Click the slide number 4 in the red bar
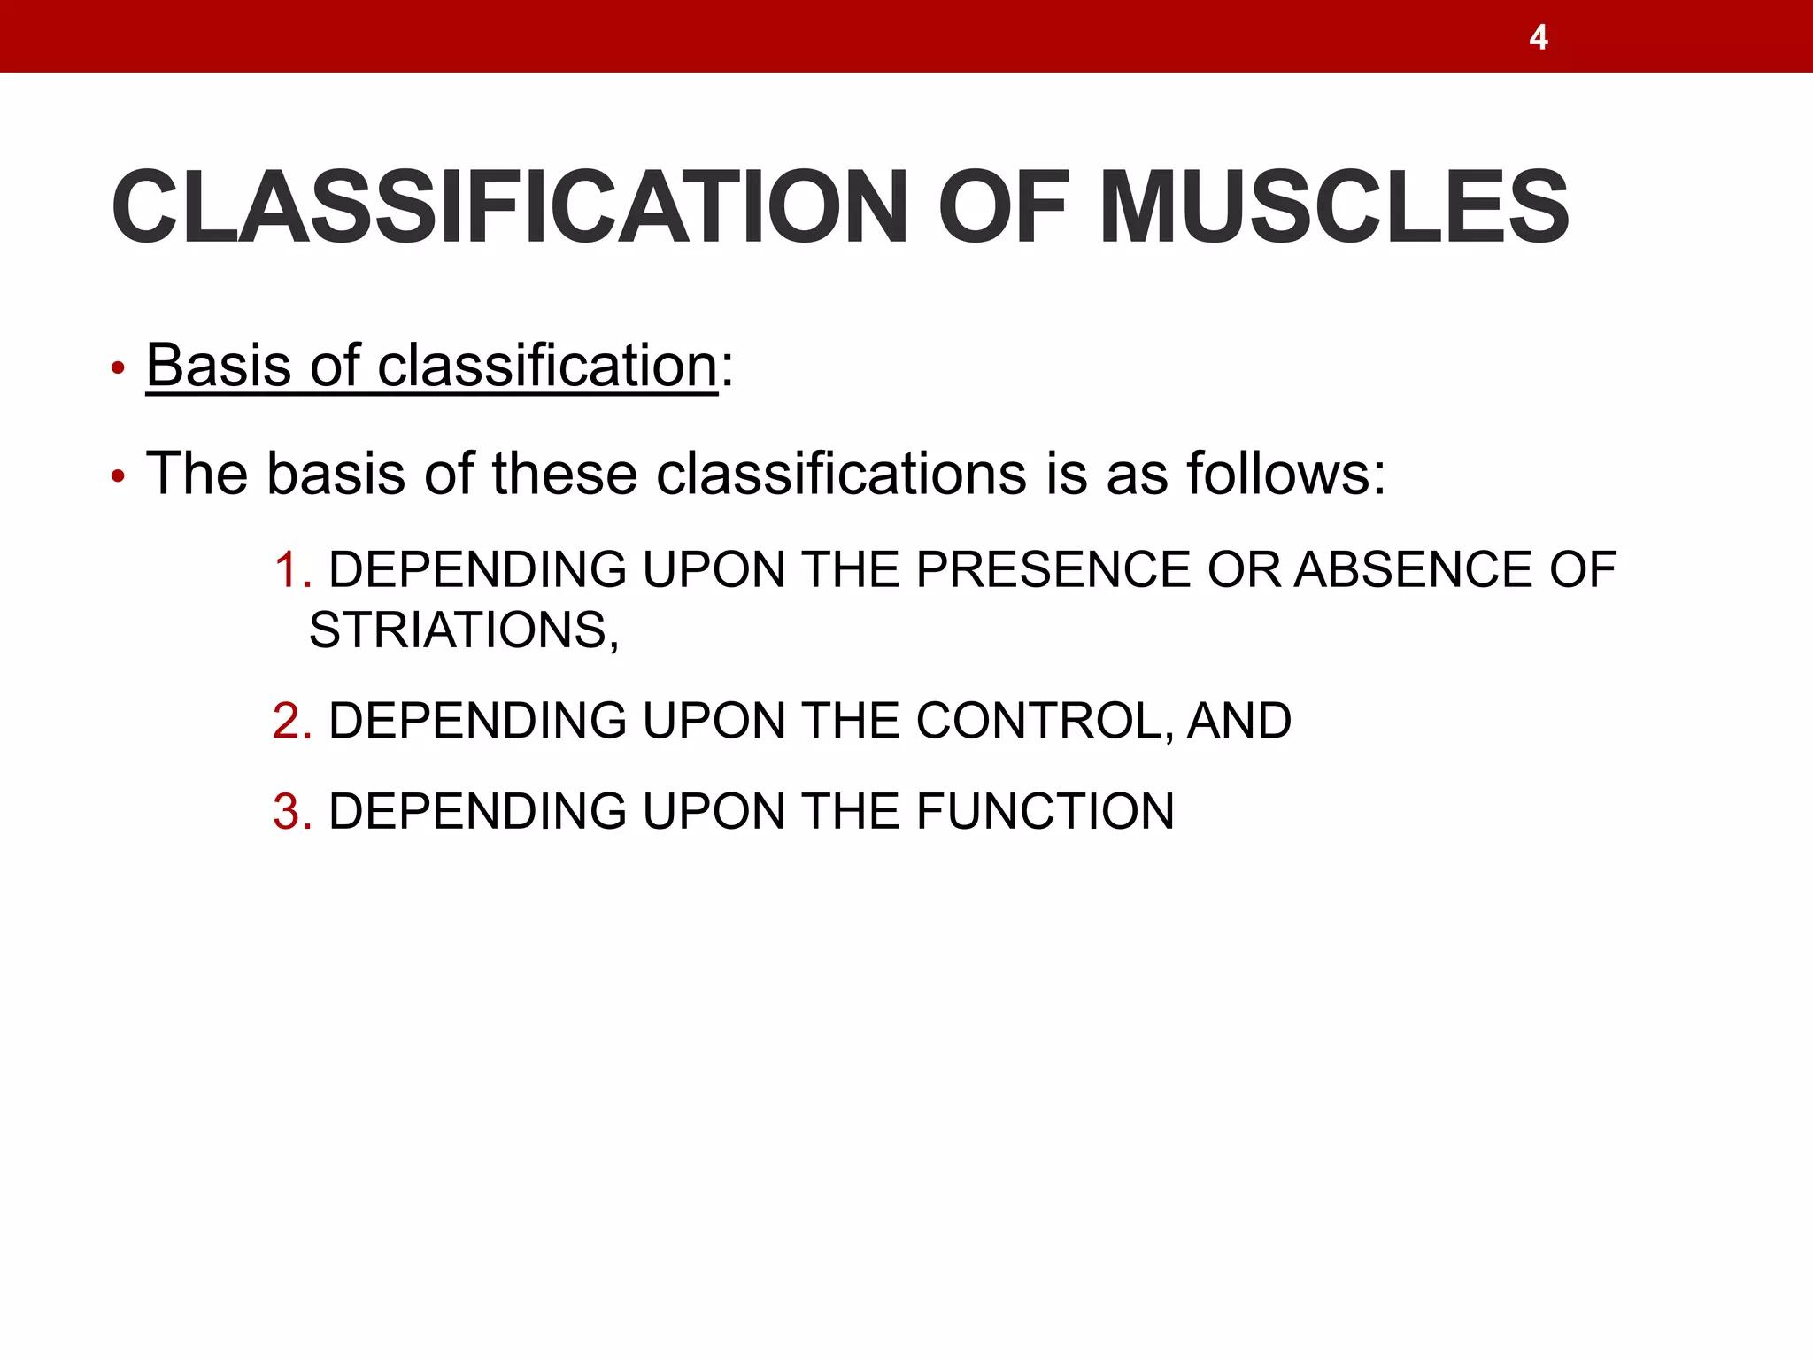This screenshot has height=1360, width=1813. point(1539,37)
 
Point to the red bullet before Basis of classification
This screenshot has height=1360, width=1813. point(118,368)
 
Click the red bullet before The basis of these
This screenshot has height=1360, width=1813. point(118,477)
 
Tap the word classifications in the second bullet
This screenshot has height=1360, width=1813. point(841,473)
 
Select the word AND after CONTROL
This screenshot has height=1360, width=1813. point(1239,721)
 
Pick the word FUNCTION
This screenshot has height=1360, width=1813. point(1045,811)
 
